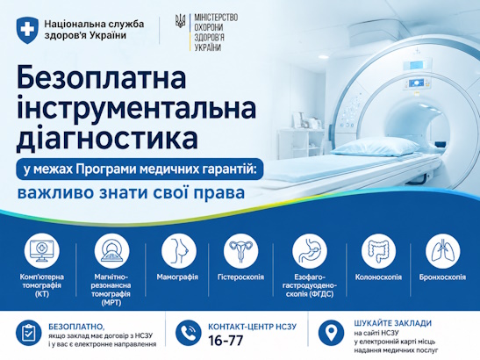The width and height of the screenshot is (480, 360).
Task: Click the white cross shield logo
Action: coord(27,30)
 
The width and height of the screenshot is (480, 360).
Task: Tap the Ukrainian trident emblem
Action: coord(180,21)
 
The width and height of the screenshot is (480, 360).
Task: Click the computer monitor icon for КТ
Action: coord(42,250)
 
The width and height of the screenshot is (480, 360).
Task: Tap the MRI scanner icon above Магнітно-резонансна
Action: coord(111,250)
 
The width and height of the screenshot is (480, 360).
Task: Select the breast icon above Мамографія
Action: coord(179,250)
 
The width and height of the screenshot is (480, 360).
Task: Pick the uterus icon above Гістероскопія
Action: coord(241,250)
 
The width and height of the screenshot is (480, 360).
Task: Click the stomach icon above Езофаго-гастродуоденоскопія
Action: coord(310,250)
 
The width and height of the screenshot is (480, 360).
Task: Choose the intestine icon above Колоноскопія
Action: coord(378,250)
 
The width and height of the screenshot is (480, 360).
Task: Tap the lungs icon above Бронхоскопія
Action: coord(442,250)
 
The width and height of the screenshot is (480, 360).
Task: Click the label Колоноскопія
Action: coord(378,277)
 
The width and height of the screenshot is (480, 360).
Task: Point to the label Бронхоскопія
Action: coord(442,277)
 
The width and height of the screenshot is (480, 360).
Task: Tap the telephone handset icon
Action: coord(188,333)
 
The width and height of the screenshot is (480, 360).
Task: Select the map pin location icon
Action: coord(331,333)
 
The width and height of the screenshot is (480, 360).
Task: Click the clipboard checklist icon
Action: coord(29,333)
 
